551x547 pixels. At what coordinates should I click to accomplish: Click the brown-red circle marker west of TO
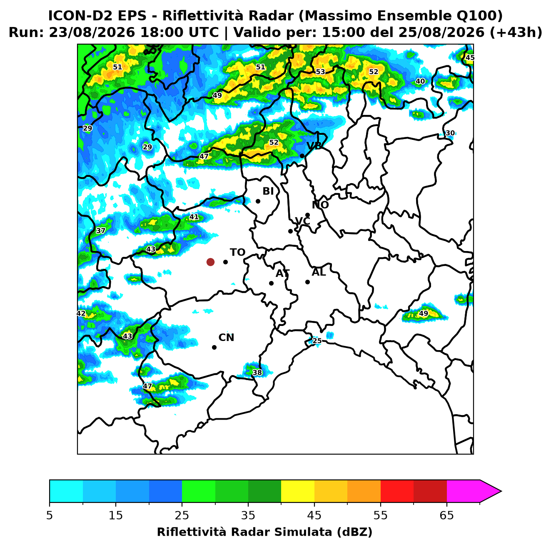[210, 261]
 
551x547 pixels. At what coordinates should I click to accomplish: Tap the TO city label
[237, 252]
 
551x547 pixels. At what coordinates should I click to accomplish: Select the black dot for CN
[214, 347]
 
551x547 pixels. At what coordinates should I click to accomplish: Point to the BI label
[268, 191]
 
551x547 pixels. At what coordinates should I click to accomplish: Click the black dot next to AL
[307, 282]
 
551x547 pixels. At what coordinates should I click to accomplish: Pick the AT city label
[282, 273]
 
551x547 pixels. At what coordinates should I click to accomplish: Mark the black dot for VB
[302, 156]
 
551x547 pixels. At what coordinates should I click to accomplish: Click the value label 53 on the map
[320, 72]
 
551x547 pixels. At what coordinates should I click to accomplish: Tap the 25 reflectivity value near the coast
[317, 341]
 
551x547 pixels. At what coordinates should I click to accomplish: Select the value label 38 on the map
[257, 372]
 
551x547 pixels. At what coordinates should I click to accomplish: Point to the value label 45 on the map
[469, 58]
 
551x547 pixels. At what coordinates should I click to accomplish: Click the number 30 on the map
[450, 133]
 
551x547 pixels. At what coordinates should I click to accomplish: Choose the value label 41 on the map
[194, 217]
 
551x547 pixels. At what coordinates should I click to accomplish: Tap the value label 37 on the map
[100, 231]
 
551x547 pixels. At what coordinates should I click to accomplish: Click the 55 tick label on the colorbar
[380, 515]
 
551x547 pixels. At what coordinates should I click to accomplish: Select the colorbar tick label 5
[50, 515]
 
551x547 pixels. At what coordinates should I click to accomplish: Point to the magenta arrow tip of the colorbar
[501, 491]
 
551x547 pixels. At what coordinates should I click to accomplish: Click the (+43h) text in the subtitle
[516, 32]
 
